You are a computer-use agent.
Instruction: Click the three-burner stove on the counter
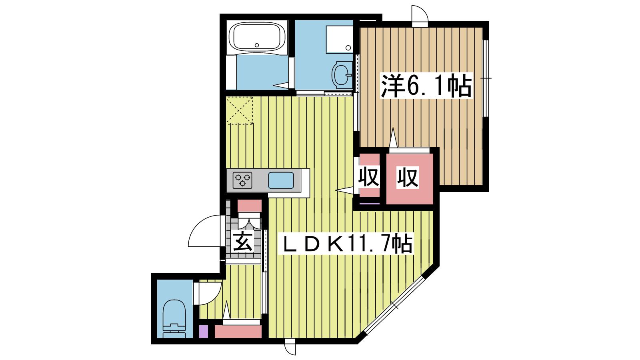click(x=242, y=180)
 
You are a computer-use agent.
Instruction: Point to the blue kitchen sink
click(x=281, y=180)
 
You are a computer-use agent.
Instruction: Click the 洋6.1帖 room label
click(x=426, y=86)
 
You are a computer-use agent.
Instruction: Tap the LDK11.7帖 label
click(x=346, y=244)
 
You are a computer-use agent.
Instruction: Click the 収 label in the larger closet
click(x=408, y=178)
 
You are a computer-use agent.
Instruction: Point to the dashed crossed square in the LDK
click(x=240, y=110)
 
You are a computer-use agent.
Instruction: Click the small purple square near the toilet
click(x=204, y=332)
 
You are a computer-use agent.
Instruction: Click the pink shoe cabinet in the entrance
click(x=250, y=206)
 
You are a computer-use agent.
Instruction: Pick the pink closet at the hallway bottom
click(x=238, y=332)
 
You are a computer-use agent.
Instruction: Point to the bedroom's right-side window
click(x=486, y=78)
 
